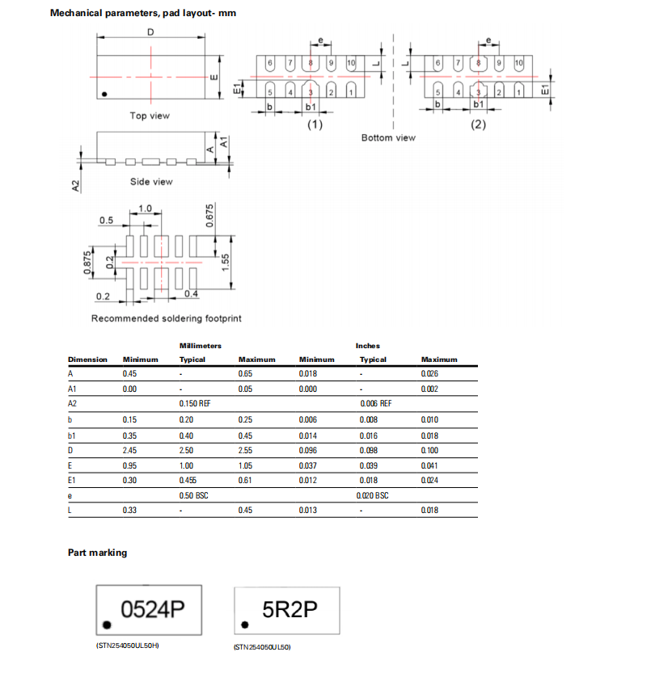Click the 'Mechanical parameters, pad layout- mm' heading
point(143,13)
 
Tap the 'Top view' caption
point(150,116)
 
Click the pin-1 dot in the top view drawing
point(104,95)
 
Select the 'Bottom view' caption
point(388,137)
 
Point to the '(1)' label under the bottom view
point(313,124)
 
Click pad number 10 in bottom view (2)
point(518,63)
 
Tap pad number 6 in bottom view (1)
point(270,63)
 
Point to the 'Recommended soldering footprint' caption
point(166,318)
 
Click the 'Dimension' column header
point(87,360)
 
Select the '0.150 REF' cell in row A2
point(195,403)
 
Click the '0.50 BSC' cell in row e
point(193,495)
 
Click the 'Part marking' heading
point(97,553)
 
